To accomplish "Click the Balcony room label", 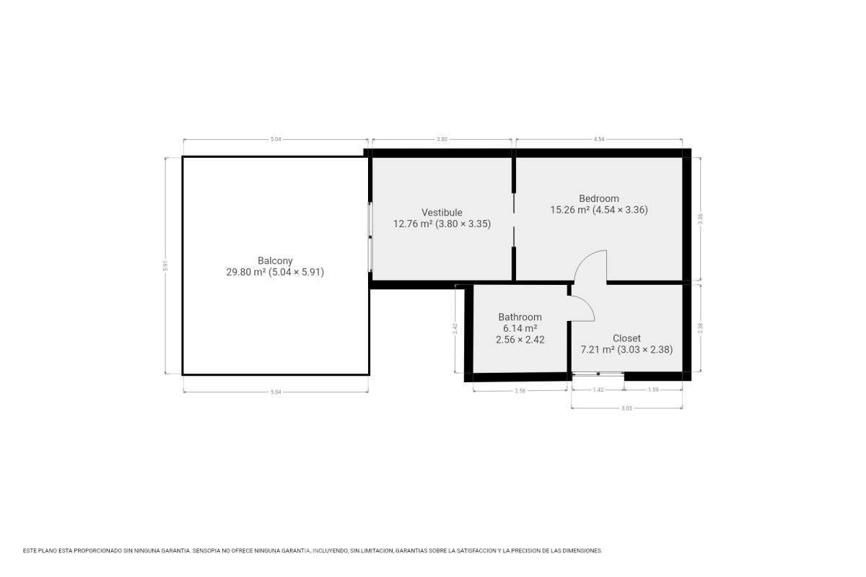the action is tap(275, 260).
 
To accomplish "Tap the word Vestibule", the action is tap(442, 212).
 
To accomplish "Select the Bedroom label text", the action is tap(599, 198).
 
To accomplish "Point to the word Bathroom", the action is tap(520, 317).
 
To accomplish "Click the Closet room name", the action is tap(626, 338).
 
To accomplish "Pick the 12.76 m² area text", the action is tap(413, 224).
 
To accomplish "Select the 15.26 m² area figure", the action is tap(570, 210).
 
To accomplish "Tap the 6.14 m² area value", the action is tap(520, 328).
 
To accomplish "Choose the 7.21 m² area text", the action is tap(598, 350).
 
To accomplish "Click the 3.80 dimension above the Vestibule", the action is tap(442, 139).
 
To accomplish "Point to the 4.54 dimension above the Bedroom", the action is tap(599, 139).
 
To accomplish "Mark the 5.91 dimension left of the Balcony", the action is tap(165, 265).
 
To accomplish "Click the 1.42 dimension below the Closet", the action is tap(598, 389).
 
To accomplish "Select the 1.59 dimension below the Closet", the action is tap(653, 389).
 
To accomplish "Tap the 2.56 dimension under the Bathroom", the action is tap(520, 391).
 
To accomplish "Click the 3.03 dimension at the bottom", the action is tap(626, 408).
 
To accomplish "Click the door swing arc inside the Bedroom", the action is tap(582, 259).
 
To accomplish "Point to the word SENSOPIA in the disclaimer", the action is tap(206, 551).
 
